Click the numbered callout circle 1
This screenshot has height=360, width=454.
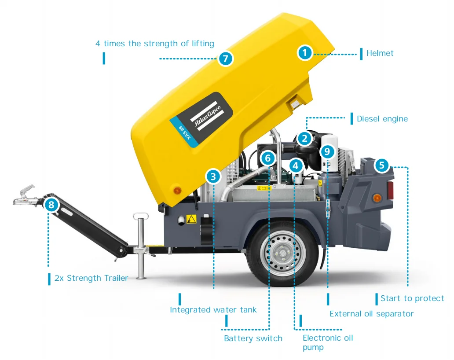[304, 53]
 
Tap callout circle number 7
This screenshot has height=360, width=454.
[225, 59]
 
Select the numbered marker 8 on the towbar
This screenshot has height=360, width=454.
[51, 205]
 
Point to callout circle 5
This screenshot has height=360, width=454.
[381, 165]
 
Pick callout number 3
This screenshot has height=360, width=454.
[213, 176]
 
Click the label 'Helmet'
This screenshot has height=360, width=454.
[380, 53]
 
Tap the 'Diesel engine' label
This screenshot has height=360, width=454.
[382, 119]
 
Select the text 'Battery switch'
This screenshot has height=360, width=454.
[253, 338]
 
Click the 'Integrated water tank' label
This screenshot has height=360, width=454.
[213, 310]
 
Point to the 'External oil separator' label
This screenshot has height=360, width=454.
[371, 314]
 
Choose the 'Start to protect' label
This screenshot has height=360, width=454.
[412, 298]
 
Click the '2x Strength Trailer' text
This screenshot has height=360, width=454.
[91, 278]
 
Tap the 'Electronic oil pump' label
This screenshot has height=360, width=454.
[328, 342]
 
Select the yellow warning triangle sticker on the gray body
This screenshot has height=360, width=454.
[191, 219]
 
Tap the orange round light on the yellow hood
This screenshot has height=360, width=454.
[177, 190]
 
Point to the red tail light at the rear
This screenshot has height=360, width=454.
[390, 190]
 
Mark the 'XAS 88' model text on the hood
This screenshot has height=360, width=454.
[185, 133]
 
